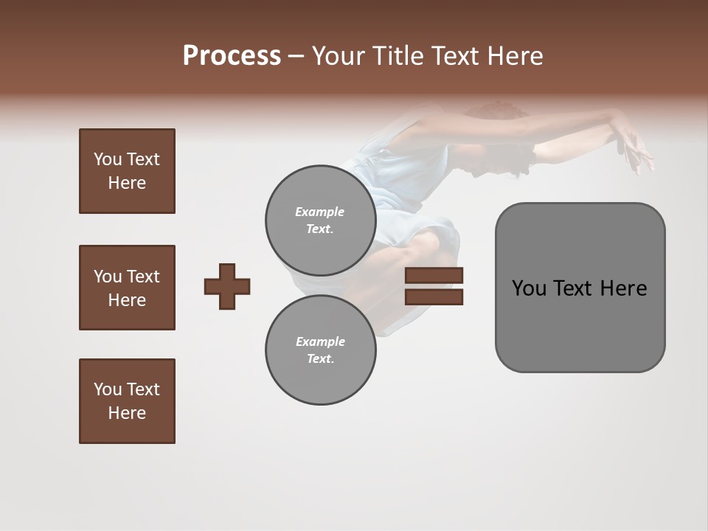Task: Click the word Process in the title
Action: point(232,56)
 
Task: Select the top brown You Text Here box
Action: point(127,171)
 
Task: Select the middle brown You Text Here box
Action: point(127,288)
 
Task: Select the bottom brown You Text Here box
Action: point(127,401)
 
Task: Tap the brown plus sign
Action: point(227,286)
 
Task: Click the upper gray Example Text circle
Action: point(320,220)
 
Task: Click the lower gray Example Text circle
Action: point(320,350)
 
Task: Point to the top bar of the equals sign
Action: point(434,276)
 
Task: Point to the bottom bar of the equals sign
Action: point(434,296)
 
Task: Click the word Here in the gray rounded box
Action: point(623,288)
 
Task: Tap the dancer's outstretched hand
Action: point(636,147)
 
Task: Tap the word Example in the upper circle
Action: point(320,212)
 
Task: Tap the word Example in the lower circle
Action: point(320,341)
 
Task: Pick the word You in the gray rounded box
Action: point(528,288)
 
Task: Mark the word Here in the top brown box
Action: point(127,183)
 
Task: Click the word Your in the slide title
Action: point(340,56)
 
